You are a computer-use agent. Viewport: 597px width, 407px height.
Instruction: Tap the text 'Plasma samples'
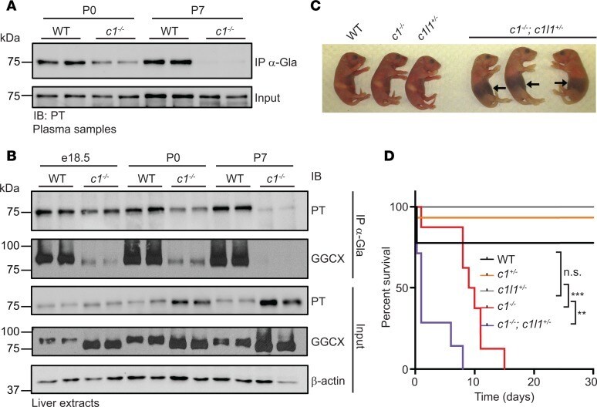[74, 129]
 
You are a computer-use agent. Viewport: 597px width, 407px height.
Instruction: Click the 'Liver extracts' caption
[66, 402]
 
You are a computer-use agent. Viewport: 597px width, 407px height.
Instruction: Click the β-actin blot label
[328, 380]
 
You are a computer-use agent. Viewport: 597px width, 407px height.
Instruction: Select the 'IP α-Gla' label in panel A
[276, 62]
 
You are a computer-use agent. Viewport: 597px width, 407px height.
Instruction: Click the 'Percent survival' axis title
[386, 288]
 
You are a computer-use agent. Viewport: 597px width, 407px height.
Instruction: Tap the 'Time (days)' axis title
[504, 397]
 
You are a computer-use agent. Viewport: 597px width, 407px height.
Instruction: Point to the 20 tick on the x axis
[534, 382]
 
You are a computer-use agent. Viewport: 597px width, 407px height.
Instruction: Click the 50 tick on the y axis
[400, 288]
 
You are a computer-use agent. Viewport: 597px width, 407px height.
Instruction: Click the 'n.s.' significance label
[572, 272]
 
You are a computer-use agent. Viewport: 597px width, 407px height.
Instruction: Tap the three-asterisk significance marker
[577, 295]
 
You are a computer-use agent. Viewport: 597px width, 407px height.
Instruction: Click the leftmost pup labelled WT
[349, 77]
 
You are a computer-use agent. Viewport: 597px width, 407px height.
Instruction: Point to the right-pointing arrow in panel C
[561, 82]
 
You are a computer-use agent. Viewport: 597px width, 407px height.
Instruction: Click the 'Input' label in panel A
[268, 98]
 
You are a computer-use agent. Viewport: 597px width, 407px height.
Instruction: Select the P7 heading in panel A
[197, 10]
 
